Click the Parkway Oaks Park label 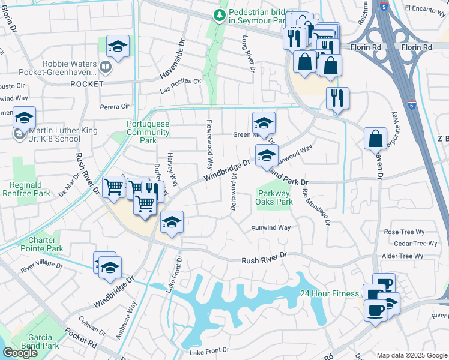pos(275,197)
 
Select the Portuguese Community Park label pos(148,132)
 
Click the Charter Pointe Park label pos(41,244)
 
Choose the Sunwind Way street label pos(271,228)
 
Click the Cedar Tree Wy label pos(415,244)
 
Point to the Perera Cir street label pos(115,106)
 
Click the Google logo pos(20,353)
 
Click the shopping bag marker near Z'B pos(375,139)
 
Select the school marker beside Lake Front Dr pos(172,223)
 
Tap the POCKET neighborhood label pos(87,84)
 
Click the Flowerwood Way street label pos(210,143)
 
